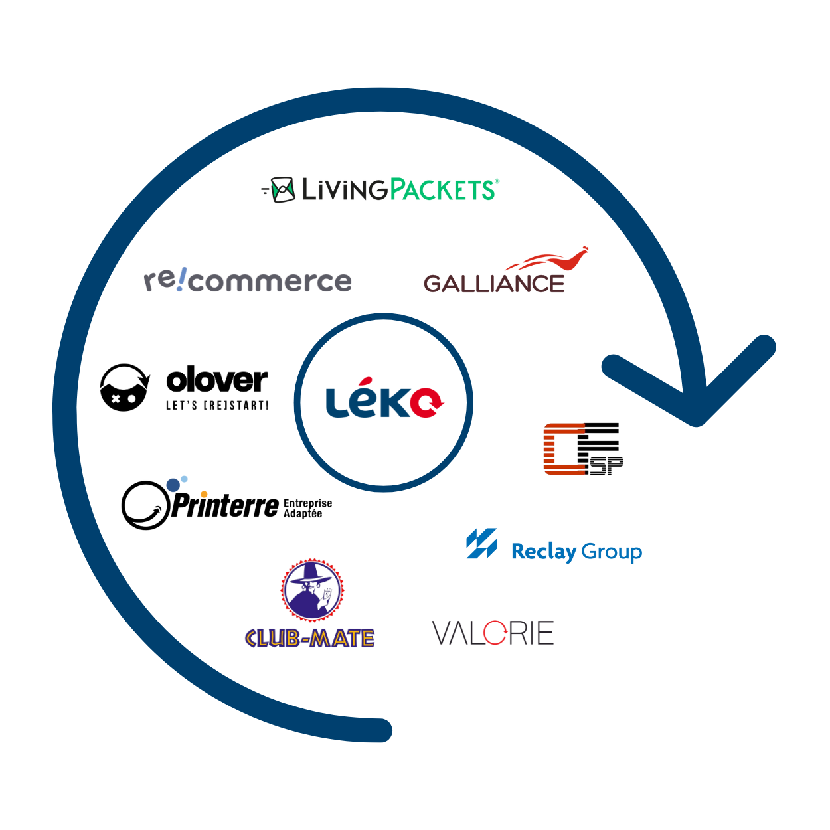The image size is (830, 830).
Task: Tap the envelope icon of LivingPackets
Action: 283,190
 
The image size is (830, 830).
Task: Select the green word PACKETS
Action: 442,190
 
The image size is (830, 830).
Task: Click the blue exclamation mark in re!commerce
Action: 181,280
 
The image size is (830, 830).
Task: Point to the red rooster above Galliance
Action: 554,260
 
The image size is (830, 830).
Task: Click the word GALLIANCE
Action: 494,284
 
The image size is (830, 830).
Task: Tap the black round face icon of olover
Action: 124,388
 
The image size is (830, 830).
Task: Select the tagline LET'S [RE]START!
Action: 217,405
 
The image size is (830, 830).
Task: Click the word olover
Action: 216,380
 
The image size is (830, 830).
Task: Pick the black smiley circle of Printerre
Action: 145,505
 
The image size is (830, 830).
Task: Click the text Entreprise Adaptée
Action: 307,509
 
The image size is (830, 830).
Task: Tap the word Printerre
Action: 226,507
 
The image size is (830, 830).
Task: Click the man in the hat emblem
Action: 312,590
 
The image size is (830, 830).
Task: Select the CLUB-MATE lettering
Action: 309,639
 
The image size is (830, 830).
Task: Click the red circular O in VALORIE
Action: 495,633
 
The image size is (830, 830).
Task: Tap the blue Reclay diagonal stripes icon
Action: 481,544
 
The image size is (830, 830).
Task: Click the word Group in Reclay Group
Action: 612,552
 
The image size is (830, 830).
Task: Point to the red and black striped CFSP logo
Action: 582,449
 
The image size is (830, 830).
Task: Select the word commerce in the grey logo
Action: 270,282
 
